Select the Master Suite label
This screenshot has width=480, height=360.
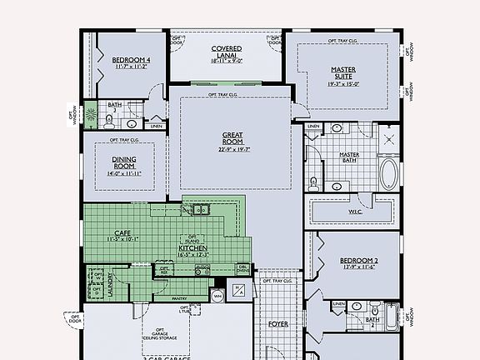[x=343, y=72]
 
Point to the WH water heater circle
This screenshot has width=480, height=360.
[x=217, y=296]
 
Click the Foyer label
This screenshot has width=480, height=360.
[x=277, y=322]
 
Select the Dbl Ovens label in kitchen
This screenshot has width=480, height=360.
[x=242, y=269]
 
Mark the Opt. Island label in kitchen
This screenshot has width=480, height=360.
[x=192, y=238]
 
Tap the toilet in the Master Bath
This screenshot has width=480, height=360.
[x=313, y=182]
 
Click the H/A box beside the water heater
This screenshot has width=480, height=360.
[x=239, y=289]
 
